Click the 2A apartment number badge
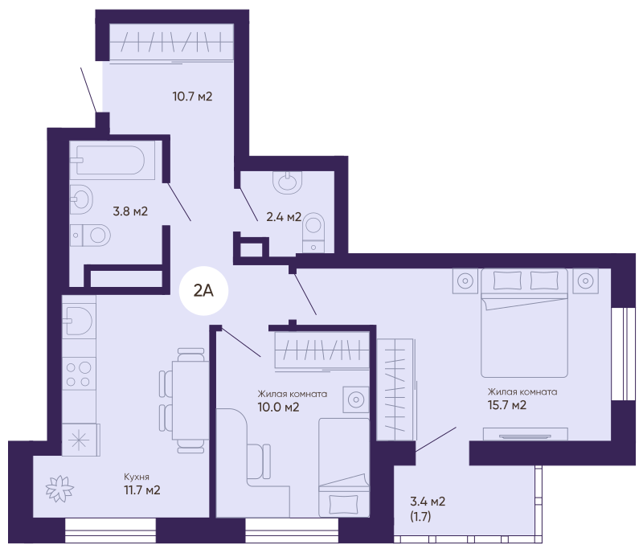tap(203, 291)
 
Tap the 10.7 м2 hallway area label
tap(192, 96)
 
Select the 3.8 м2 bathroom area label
tap(130, 211)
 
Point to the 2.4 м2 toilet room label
tap(284, 216)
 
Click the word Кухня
tap(137, 477)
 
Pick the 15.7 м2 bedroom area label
tap(507, 405)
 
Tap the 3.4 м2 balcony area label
tap(428, 502)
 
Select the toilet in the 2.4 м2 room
tap(313, 232)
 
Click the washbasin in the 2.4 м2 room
tap(288, 182)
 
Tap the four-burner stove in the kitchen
tap(79, 374)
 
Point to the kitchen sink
tap(79, 321)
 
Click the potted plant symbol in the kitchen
tap(59, 489)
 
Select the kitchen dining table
tap(190, 400)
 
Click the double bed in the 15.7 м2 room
tap(524, 323)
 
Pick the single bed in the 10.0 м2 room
tap(344, 468)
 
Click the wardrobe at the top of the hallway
tap(171, 43)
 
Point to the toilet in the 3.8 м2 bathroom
tap(90, 236)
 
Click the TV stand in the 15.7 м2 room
tap(526, 433)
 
